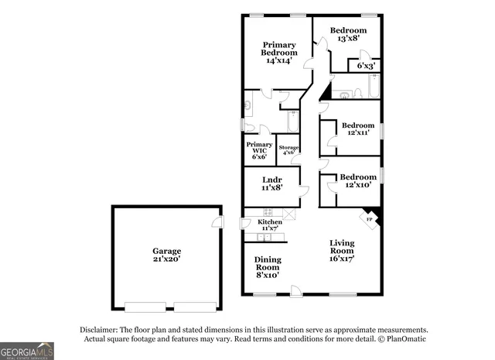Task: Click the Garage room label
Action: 166,252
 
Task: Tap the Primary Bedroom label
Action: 280,52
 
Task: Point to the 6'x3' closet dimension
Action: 366,67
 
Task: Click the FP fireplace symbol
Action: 370,220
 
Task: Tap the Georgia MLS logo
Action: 27,351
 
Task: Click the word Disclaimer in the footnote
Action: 98,329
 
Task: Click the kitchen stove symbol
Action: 268,212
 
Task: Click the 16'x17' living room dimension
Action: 342,259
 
